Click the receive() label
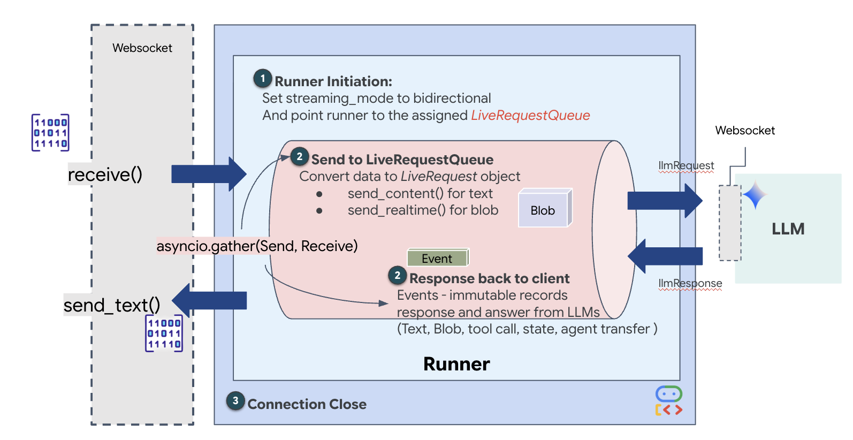point(105,175)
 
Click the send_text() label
point(112,305)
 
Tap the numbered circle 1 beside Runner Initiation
point(262,79)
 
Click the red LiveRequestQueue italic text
point(530,116)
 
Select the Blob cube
point(544,209)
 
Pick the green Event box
point(437,258)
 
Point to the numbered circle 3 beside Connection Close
point(235,400)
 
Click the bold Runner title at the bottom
point(456,364)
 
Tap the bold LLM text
point(788,229)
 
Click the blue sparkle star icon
point(755,195)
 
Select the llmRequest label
point(686,166)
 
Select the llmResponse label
point(690,284)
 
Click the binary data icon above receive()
point(50,133)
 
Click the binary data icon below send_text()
point(164,333)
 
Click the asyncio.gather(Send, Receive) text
point(257,246)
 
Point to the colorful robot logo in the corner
point(668,401)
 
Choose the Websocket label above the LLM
point(745,131)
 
